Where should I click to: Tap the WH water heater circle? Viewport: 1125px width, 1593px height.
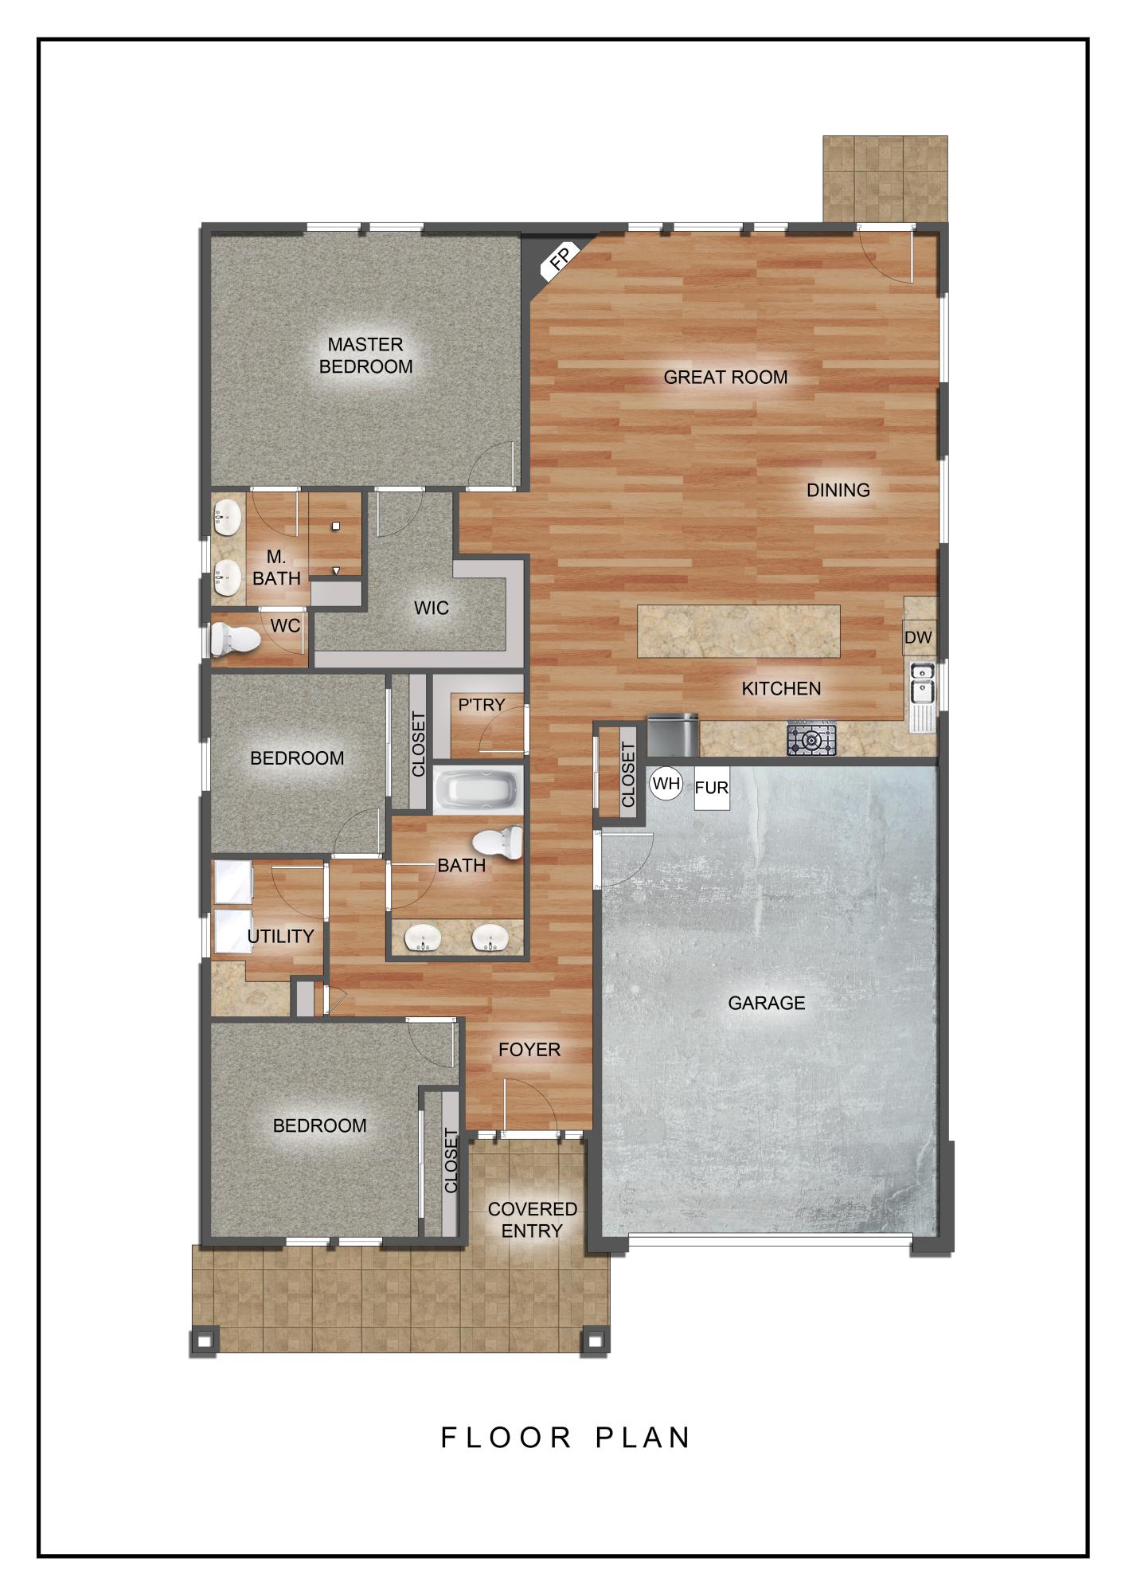click(x=666, y=784)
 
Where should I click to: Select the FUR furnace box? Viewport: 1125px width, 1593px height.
click(x=712, y=788)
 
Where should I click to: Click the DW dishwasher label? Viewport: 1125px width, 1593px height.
click(x=918, y=638)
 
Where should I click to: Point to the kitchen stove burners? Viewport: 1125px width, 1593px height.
click(x=812, y=740)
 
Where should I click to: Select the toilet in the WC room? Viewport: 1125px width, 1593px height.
click(x=233, y=638)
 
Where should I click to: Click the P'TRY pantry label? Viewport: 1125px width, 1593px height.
click(x=481, y=705)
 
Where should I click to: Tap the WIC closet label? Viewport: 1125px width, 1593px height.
click(x=432, y=608)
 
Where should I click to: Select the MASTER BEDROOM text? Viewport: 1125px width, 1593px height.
click(x=365, y=355)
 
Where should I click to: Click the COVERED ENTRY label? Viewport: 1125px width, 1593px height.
click(x=532, y=1219)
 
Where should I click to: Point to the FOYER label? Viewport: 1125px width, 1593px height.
click(x=529, y=1050)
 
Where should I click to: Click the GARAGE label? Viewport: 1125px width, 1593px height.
click(x=766, y=1003)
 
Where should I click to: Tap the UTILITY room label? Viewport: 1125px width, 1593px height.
click(x=280, y=936)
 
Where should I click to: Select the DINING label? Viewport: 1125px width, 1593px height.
click(x=838, y=490)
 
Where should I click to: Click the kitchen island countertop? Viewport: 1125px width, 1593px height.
click(x=738, y=632)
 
